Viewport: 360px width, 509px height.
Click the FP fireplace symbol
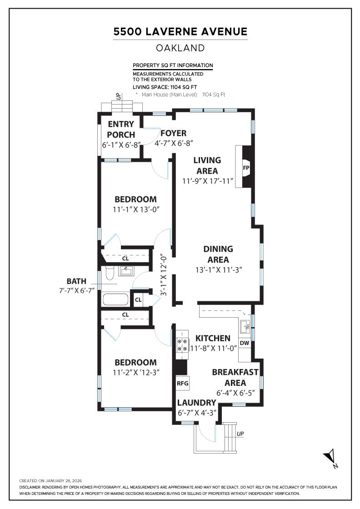tap(246, 167)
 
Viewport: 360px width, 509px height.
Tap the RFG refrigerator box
tap(182, 383)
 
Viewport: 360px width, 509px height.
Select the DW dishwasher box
tap(245, 343)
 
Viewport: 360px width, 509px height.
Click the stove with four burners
tap(182, 345)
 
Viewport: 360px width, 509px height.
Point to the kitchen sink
tap(245, 325)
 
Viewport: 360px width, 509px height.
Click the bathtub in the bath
tap(115, 299)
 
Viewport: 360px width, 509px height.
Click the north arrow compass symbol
tap(330, 457)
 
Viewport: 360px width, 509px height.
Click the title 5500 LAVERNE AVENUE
tap(180, 32)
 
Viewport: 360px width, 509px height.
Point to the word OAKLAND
tap(180, 48)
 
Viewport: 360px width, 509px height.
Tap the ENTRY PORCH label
tap(121, 129)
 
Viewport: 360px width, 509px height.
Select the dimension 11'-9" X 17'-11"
tap(207, 181)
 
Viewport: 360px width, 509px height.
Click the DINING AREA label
tap(218, 254)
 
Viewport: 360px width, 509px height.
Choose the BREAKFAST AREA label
tap(235, 377)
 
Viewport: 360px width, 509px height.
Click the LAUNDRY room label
tap(196, 403)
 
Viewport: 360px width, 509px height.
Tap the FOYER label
tap(173, 133)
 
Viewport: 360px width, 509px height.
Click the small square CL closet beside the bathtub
tap(138, 299)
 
